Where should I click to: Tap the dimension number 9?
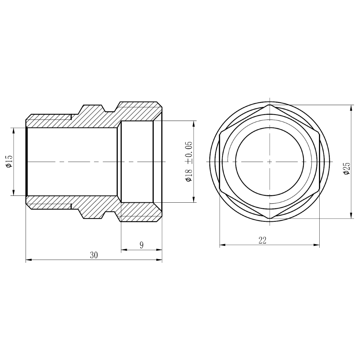[x=141, y=245]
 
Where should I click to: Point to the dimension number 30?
[x=94, y=255]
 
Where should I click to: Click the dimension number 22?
[x=262, y=240]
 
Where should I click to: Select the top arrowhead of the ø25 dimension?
[x=351, y=108]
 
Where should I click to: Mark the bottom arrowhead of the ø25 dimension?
[x=351, y=215]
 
